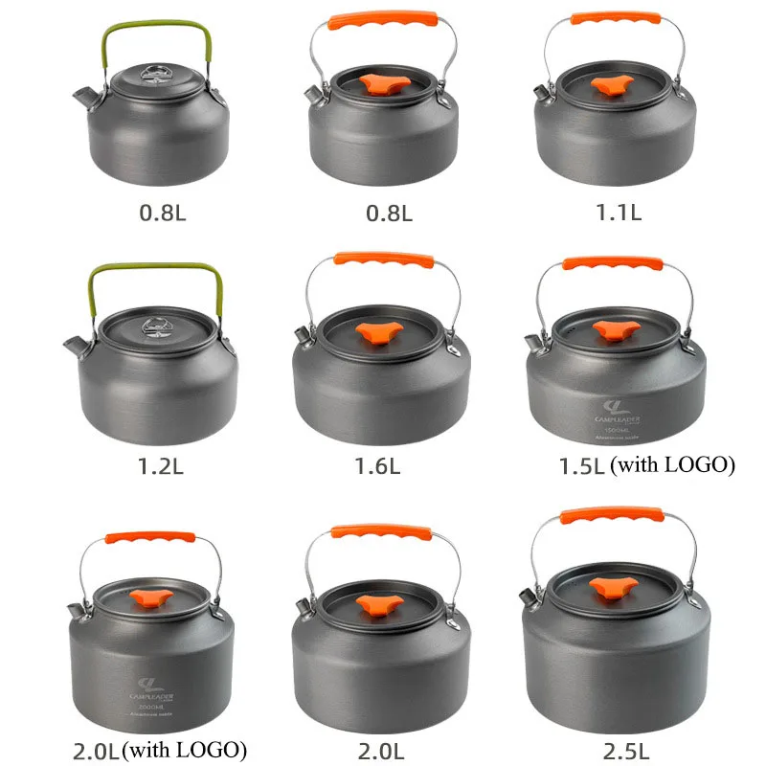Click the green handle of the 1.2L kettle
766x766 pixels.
pyautogui.click(x=156, y=271)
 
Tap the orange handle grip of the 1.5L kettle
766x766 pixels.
pyautogui.click(x=614, y=264)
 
